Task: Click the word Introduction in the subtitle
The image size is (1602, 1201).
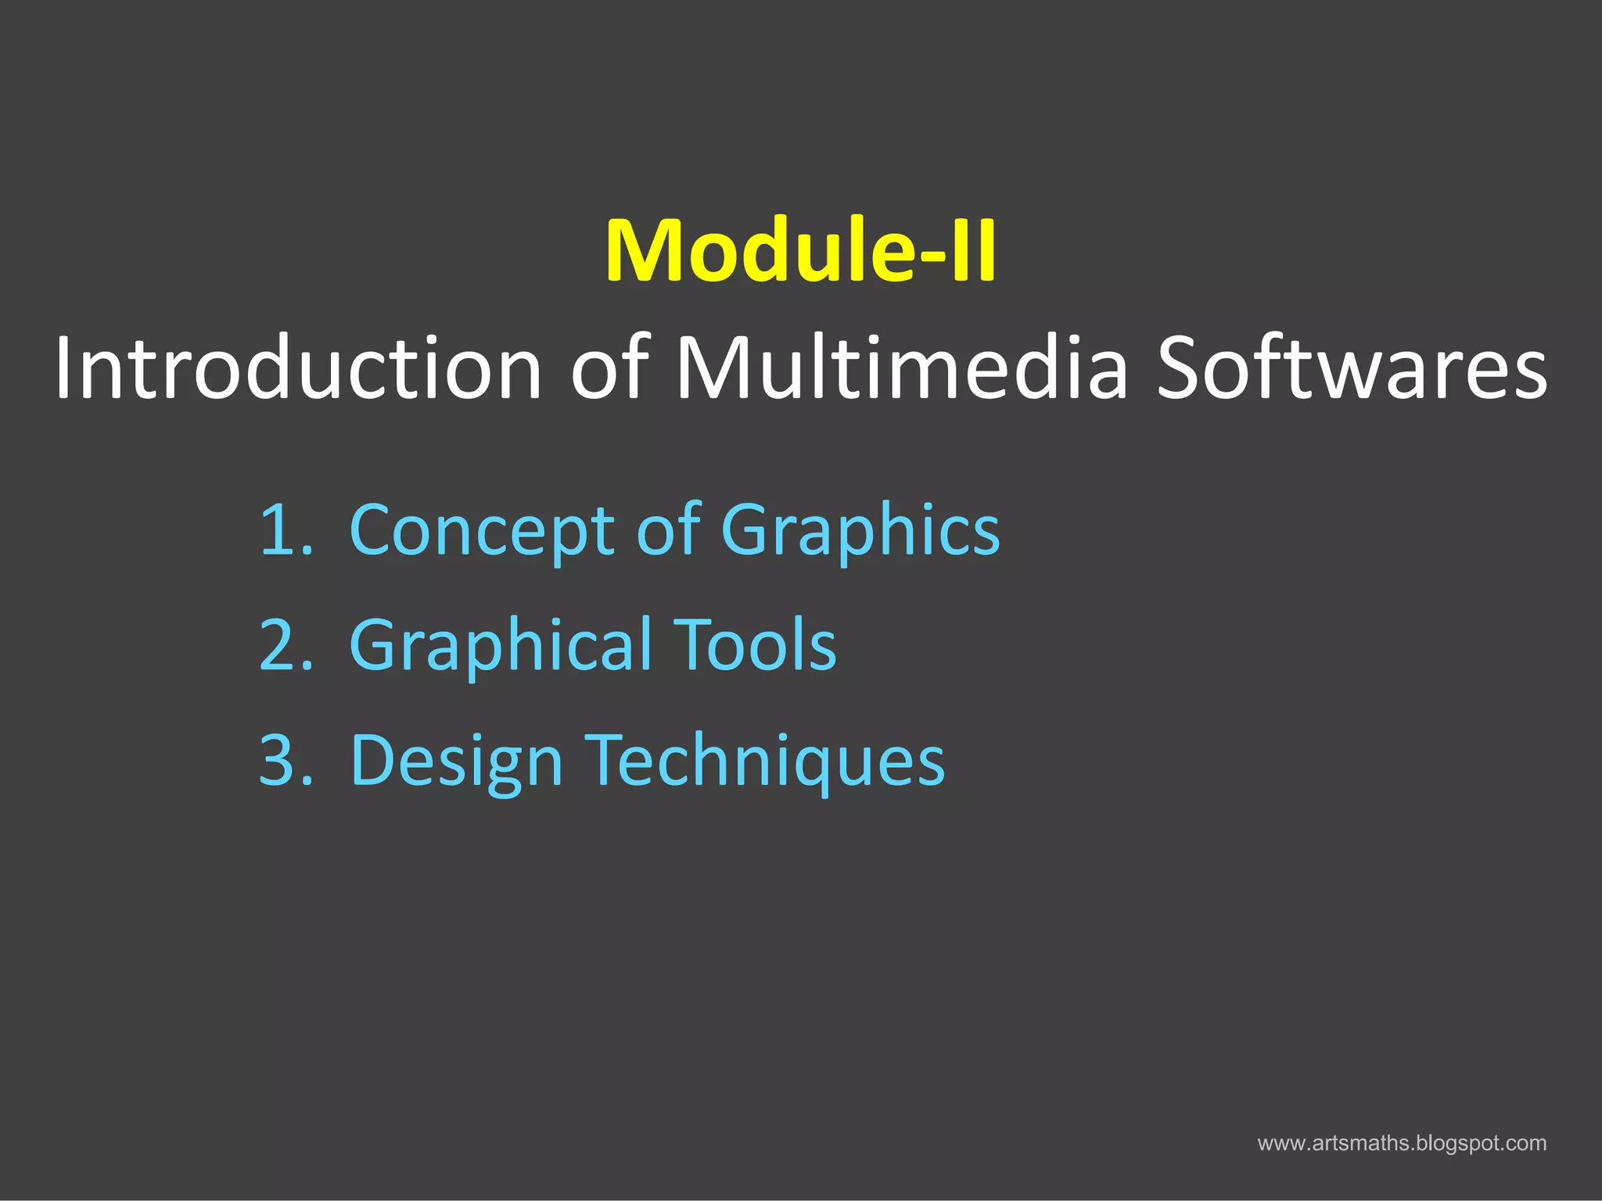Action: (298, 367)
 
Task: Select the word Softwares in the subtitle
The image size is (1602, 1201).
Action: (1352, 367)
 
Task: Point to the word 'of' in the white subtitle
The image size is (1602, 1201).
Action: (610, 367)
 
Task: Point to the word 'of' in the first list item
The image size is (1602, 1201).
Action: (668, 530)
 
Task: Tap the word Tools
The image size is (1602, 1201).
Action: (755, 646)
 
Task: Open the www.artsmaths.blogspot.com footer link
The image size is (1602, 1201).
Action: (1402, 1143)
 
